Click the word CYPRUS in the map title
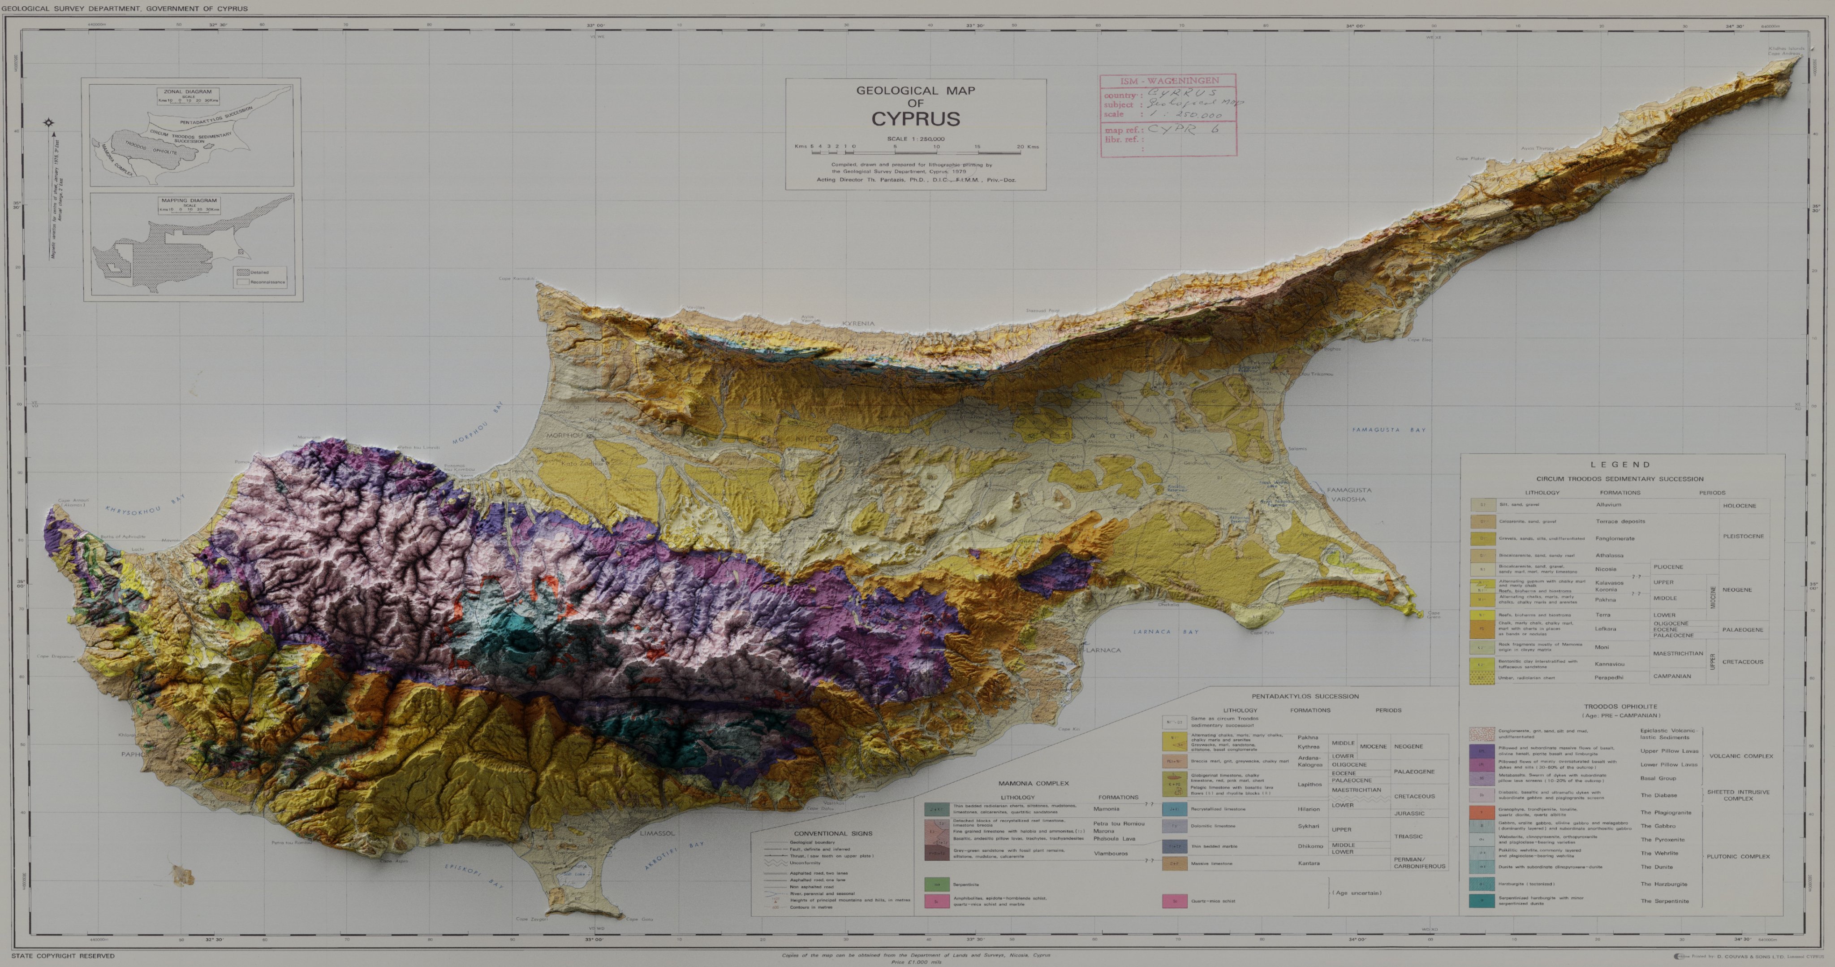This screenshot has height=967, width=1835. (x=915, y=119)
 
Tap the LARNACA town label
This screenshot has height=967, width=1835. (x=1103, y=650)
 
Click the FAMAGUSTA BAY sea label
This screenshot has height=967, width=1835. (x=1389, y=429)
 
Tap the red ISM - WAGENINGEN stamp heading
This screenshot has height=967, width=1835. (x=1169, y=81)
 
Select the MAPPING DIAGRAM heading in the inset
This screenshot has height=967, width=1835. (x=189, y=200)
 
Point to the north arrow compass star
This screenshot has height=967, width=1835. (x=48, y=122)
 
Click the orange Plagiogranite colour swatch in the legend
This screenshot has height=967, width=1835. (x=1482, y=812)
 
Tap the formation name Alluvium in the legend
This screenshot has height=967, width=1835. (x=1608, y=504)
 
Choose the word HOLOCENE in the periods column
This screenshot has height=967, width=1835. (x=1740, y=506)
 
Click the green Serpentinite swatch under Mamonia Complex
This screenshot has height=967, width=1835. (x=936, y=885)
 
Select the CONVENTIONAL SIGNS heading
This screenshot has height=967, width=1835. (x=833, y=833)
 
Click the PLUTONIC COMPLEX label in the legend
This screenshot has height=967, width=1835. (x=1738, y=857)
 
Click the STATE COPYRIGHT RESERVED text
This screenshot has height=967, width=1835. (x=63, y=956)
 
